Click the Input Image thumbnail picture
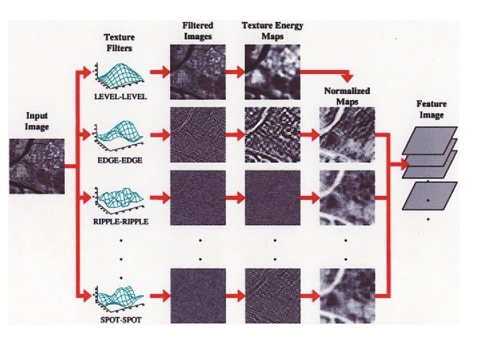click(x=37, y=165)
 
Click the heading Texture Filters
click(x=121, y=44)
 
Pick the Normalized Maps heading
click(x=347, y=97)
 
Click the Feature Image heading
click(x=431, y=109)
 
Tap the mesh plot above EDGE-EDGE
click(x=120, y=137)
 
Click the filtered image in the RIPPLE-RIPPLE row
click(x=197, y=199)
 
